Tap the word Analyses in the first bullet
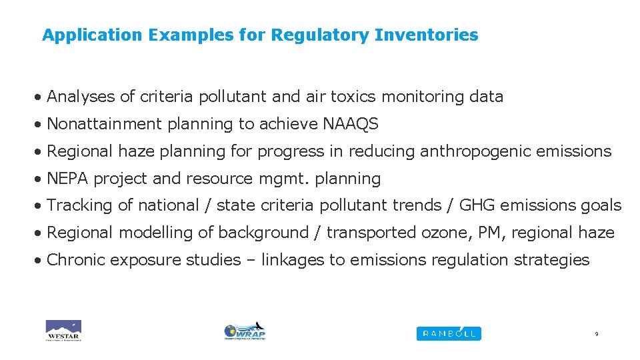tap(81, 97)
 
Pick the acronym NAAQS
tap(351, 124)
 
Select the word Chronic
tap(75, 259)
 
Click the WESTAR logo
tap(63, 331)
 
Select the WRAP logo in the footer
tap(245, 331)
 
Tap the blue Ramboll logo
tap(448, 333)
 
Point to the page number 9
tap(596, 334)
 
